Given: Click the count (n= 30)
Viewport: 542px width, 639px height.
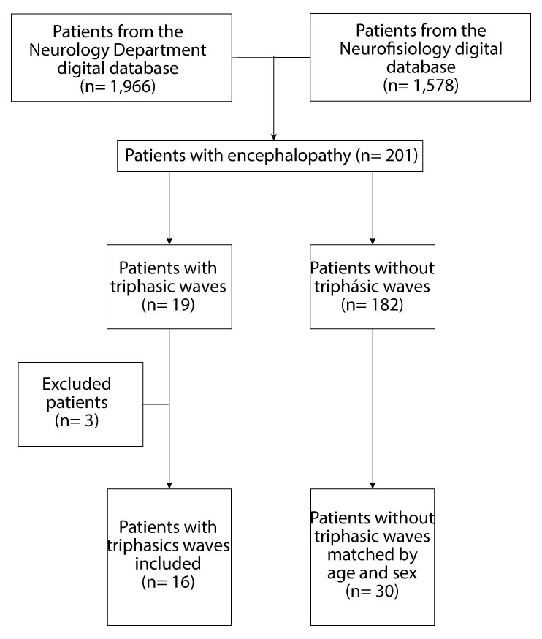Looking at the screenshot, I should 373,591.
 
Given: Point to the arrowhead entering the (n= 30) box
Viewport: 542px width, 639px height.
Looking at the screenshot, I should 374,484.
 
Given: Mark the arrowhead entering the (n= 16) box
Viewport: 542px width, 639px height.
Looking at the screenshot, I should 170,484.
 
